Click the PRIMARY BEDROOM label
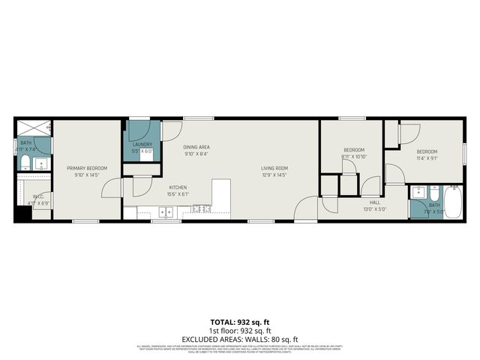[x=87, y=168]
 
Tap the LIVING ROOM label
[x=274, y=168]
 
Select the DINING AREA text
[x=196, y=147]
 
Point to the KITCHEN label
[x=178, y=187]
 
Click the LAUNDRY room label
[x=142, y=145]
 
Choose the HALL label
[x=375, y=202]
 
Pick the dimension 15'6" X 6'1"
[x=178, y=194]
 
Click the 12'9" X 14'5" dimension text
[x=274, y=175]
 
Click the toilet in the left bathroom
[x=25, y=163]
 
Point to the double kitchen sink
[x=166, y=213]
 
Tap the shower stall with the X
[x=32, y=127]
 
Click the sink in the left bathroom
[x=43, y=163]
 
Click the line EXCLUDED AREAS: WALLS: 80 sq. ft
[x=239, y=338]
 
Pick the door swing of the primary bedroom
[x=112, y=187]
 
